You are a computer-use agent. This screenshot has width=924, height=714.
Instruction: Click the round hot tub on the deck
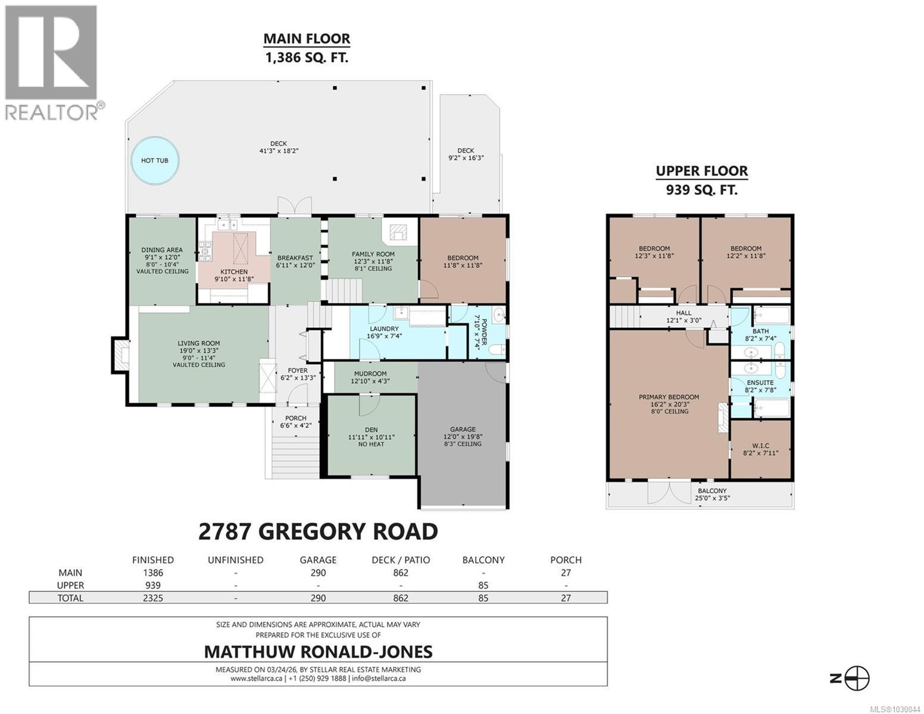click(154, 160)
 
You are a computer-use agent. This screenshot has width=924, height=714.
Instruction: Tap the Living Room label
click(198, 343)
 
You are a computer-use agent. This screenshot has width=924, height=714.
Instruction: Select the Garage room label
click(463, 429)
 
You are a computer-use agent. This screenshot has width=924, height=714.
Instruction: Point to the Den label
click(371, 430)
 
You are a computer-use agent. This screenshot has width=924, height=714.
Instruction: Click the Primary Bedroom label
click(669, 397)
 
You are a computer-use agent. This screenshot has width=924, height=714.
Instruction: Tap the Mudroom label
click(370, 374)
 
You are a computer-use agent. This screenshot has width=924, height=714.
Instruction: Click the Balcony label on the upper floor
click(712, 491)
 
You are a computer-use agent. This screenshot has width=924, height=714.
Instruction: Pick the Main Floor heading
click(307, 39)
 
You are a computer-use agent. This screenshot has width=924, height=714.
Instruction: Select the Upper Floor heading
click(701, 171)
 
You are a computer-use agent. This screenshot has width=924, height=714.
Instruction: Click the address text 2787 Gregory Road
click(318, 531)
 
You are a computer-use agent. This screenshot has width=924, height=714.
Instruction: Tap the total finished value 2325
click(152, 598)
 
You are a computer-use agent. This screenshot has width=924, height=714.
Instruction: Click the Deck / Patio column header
click(401, 560)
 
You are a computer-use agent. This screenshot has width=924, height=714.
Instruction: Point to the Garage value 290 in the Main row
click(319, 572)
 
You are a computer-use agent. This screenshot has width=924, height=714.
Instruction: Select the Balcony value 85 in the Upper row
click(483, 585)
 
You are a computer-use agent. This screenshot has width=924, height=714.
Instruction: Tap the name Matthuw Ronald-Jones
click(318, 652)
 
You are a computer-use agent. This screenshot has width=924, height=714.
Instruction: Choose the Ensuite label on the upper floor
click(760, 383)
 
